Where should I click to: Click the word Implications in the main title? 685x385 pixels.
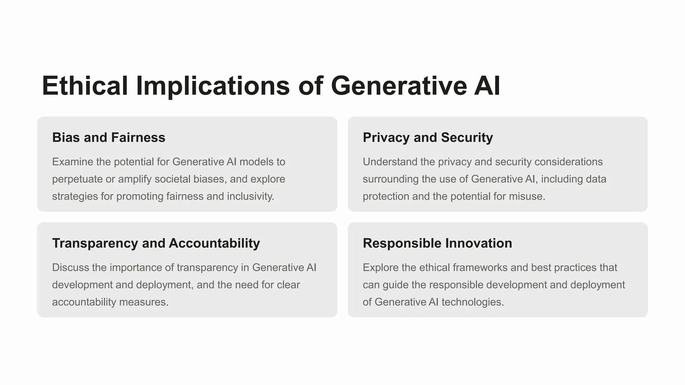(213, 86)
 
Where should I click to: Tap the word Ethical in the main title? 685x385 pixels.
(85, 86)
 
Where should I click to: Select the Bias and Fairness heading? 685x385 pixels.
(109, 138)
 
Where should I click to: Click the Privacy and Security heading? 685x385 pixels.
(428, 138)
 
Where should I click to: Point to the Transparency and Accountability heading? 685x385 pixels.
(156, 243)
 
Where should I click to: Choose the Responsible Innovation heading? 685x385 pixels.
(437, 243)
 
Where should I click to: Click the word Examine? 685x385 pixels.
(73, 162)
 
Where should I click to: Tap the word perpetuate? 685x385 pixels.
(77, 179)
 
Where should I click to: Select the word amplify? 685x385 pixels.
(135, 179)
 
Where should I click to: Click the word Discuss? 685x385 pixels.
(71, 267)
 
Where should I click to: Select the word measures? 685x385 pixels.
(143, 302)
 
